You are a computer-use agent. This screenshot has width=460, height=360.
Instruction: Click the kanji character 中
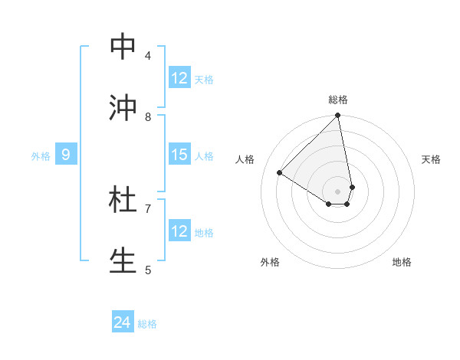[123, 47]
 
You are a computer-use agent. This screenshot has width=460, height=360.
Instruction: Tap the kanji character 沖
[123, 108]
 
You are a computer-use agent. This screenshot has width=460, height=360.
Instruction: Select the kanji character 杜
[123, 200]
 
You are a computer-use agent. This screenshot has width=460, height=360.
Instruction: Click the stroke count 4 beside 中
[148, 55]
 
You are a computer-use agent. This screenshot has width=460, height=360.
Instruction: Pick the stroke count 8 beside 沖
[148, 116]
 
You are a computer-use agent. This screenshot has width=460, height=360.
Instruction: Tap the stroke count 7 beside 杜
[148, 208]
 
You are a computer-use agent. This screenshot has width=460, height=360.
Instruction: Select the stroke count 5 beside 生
[148, 269]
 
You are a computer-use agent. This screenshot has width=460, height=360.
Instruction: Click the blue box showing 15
[179, 155]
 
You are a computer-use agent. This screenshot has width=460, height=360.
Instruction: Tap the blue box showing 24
[123, 323]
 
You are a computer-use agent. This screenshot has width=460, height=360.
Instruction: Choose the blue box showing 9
[66, 155]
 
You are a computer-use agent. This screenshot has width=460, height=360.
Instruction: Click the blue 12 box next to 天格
[179, 79]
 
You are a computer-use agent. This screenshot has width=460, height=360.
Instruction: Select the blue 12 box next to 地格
[179, 231]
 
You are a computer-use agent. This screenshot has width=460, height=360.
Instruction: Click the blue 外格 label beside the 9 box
[41, 156]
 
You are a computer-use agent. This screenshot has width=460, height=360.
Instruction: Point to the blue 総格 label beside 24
[147, 324]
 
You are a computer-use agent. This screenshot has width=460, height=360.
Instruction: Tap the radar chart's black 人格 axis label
[245, 159]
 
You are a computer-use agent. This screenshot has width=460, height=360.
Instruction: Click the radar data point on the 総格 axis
[337, 116]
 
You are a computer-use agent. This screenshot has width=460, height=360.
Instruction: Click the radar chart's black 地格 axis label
[402, 262]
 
